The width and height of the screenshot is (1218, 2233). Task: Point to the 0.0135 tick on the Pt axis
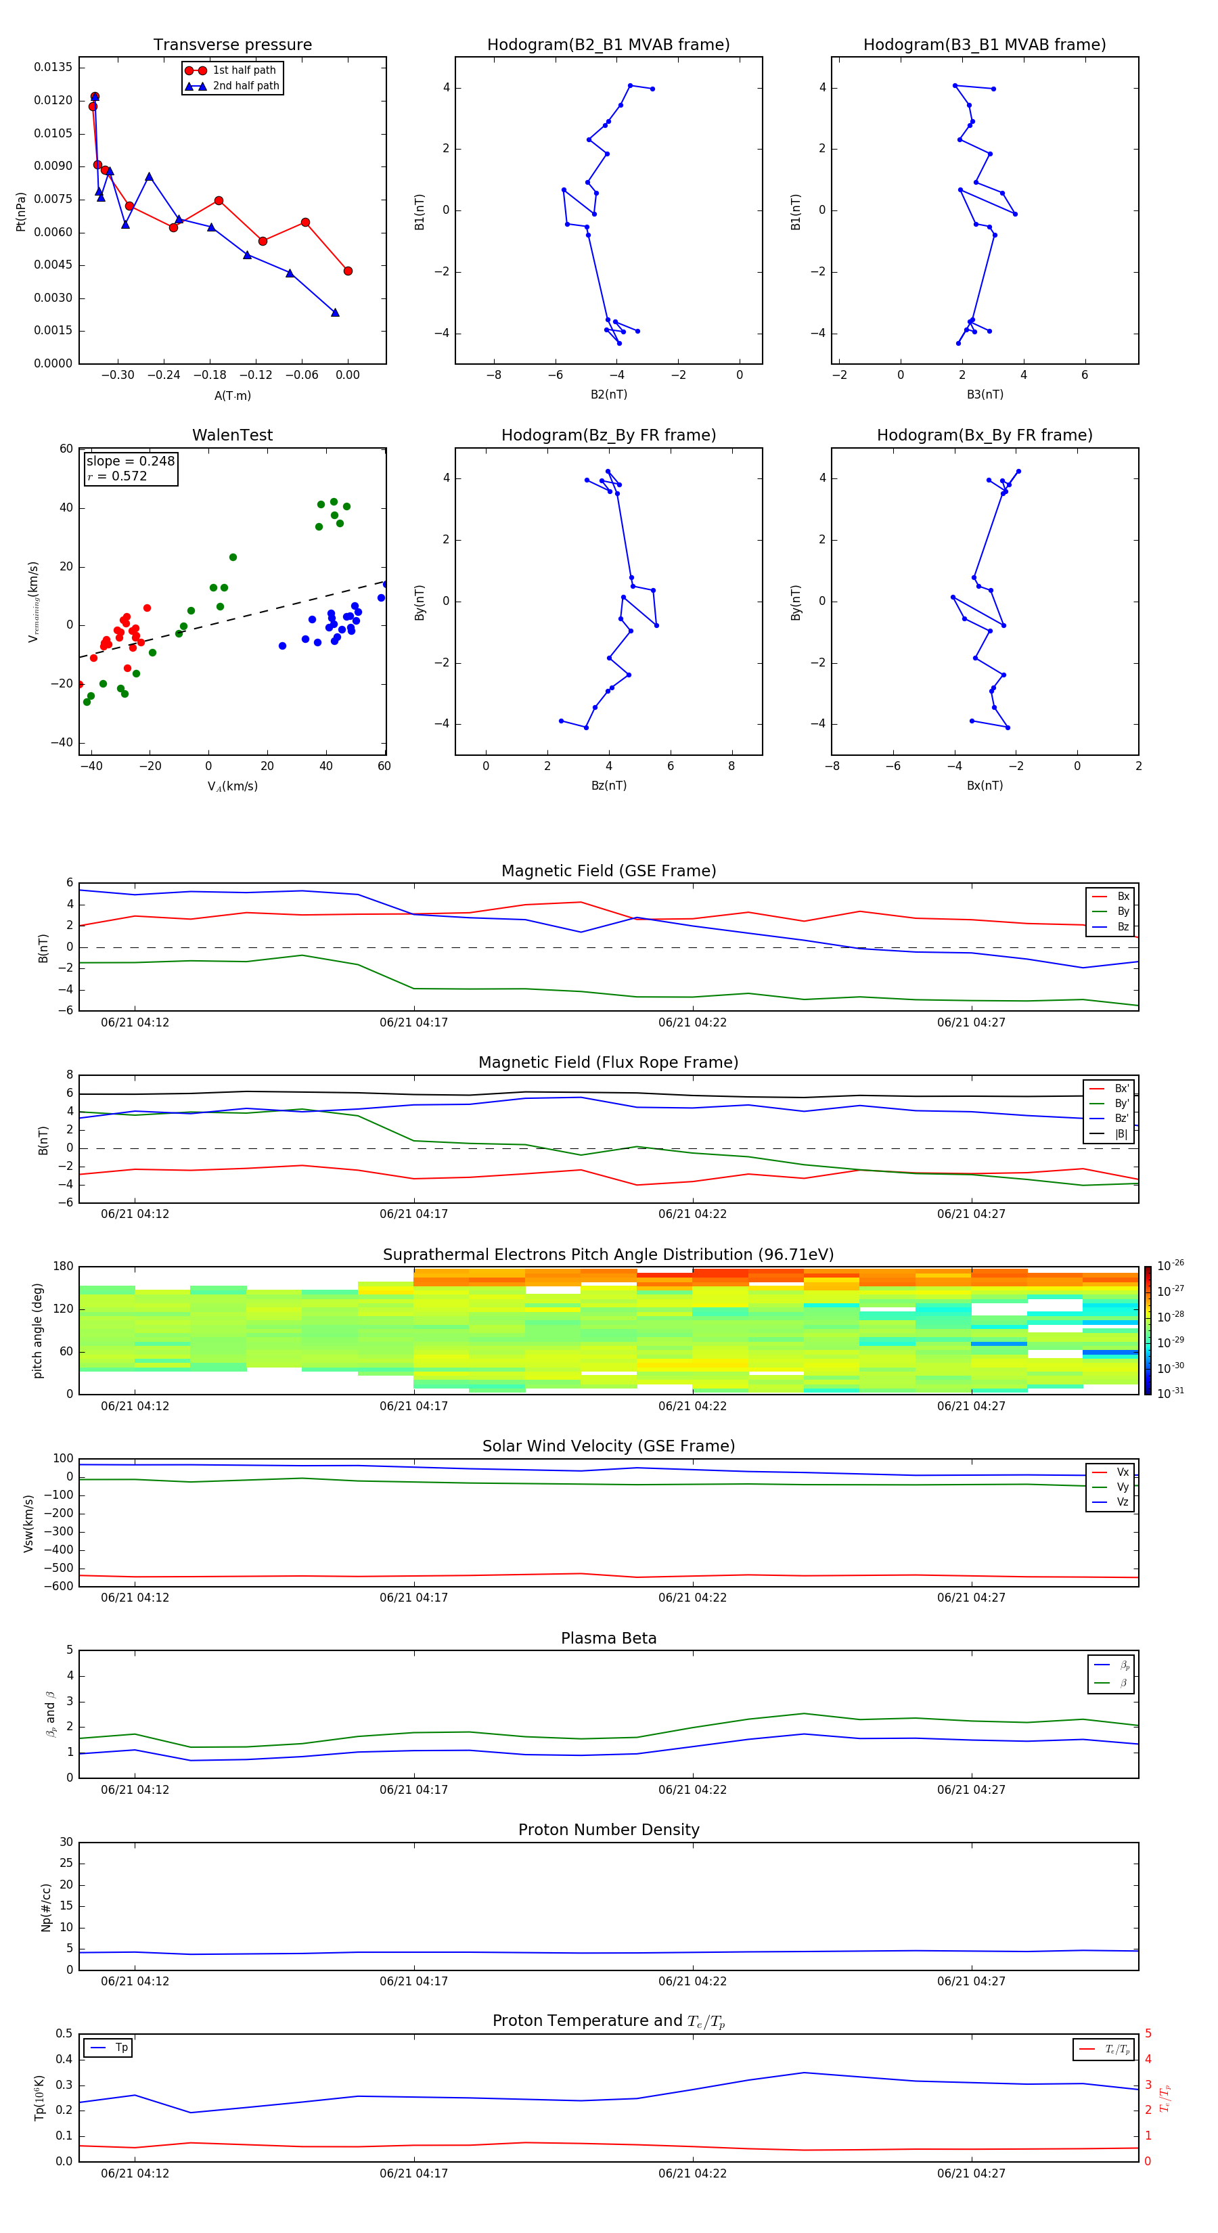coord(53,68)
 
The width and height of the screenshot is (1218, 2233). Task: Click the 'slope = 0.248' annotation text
coord(130,461)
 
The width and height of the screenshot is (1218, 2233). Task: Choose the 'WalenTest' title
coord(232,435)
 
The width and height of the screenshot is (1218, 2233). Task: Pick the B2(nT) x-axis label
coord(608,394)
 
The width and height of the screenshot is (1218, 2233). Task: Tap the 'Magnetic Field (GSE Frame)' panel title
coord(608,871)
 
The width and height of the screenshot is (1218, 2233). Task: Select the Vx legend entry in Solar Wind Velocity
coord(1122,1472)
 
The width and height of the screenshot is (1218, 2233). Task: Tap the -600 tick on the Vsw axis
coord(58,1586)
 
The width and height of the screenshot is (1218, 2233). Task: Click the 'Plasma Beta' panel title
coord(608,1638)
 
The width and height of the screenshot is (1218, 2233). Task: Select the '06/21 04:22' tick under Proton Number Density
coord(692,1981)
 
